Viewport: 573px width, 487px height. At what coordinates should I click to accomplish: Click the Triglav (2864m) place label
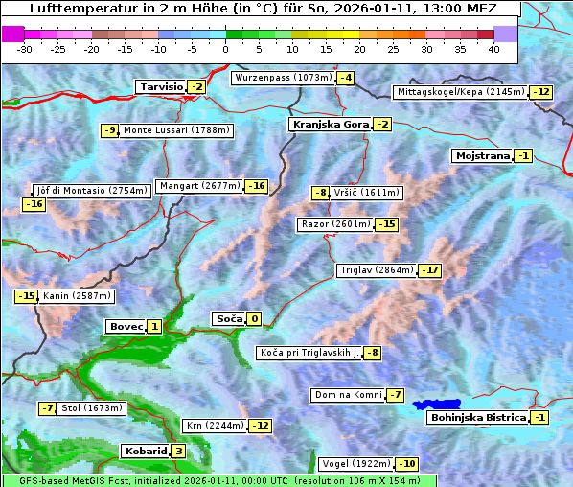pyautogui.click(x=376, y=270)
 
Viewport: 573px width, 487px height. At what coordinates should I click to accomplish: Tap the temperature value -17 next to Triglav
pyautogui.click(x=430, y=270)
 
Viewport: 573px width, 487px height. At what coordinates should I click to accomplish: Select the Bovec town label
pyautogui.click(x=126, y=327)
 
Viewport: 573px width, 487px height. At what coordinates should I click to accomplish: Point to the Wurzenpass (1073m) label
pyautogui.click(x=284, y=78)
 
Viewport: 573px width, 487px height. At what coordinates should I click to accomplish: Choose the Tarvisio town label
pyautogui.click(x=161, y=87)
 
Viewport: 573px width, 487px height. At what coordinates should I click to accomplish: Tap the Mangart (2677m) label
pyautogui.click(x=199, y=186)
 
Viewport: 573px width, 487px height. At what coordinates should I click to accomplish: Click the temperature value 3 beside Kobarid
pyautogui.click(x=178, y=452)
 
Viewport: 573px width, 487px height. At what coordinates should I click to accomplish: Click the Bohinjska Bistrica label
pyautogui.click(x=478, y=418)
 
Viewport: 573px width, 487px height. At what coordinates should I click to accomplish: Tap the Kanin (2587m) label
pyautogui.click(x=76, y=297)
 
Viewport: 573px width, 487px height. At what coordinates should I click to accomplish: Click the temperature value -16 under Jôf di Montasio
pyautogui.click(x=34, y=204)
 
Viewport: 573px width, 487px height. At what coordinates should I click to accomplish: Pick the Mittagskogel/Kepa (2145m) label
pyautogui.click(x=461, y=92)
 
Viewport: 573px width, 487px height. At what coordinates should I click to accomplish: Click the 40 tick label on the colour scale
pyautogui.click(x=493, y=49)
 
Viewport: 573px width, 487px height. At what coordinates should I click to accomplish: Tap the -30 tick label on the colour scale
pyautogui.click(x=25, y=49)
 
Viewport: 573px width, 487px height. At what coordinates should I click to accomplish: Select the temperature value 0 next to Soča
pyautogui.click(x=254, y=319)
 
